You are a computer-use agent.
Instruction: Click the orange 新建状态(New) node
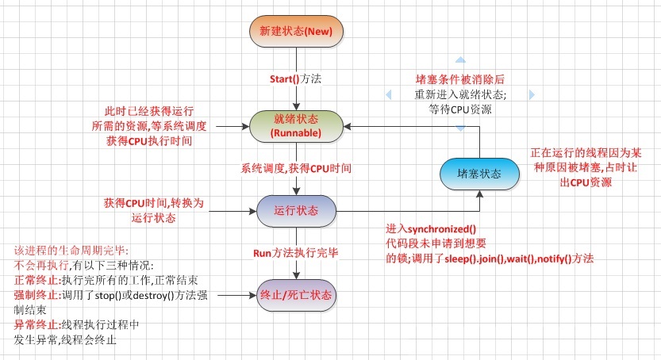pyautogui.click(x=296, y=31)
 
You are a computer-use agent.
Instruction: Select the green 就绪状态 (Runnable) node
pyautogui.click(x=296, y=126)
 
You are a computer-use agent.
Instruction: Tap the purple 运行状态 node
pyautogui.click(x=296, y=210)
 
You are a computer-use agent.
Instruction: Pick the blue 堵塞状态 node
pyautogui.click(x=479, y=174)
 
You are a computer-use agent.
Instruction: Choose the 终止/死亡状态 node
pyautogui.click(x=296, y=295)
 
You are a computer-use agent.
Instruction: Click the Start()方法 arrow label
pyautogui.click(x=295, y=79)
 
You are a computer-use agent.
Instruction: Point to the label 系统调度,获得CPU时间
pyautogui.click(x=296, y=168)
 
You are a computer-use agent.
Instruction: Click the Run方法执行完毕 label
pyautogui.click(x=296, y=253)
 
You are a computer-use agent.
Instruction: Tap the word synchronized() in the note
pyautogui.click(x=442, y=229)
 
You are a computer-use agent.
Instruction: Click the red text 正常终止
pyautogui.click(x=37, y=281)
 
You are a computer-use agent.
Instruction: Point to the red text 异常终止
pyautogui.click(x=37, y=324)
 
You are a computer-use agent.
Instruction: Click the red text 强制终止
pyautogui.click(x=37, y=295)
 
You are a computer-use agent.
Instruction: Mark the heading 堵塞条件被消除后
pyautogui.click(x=460, y=79)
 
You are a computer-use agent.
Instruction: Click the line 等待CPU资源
pyautogui.click(x=460, y=109)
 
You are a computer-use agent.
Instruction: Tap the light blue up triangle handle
pyautogui.click(x=460, y=59)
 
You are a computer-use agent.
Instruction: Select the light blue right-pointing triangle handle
pyautogui.click(x=532, y=94)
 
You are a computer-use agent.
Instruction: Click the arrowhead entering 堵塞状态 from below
pyautogui.click(x=479, y=194)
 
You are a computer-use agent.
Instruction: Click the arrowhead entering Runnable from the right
pyautogui.click(x=348, y=126)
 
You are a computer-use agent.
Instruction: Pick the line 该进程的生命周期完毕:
pyautogui.click(x=71, y=251)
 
